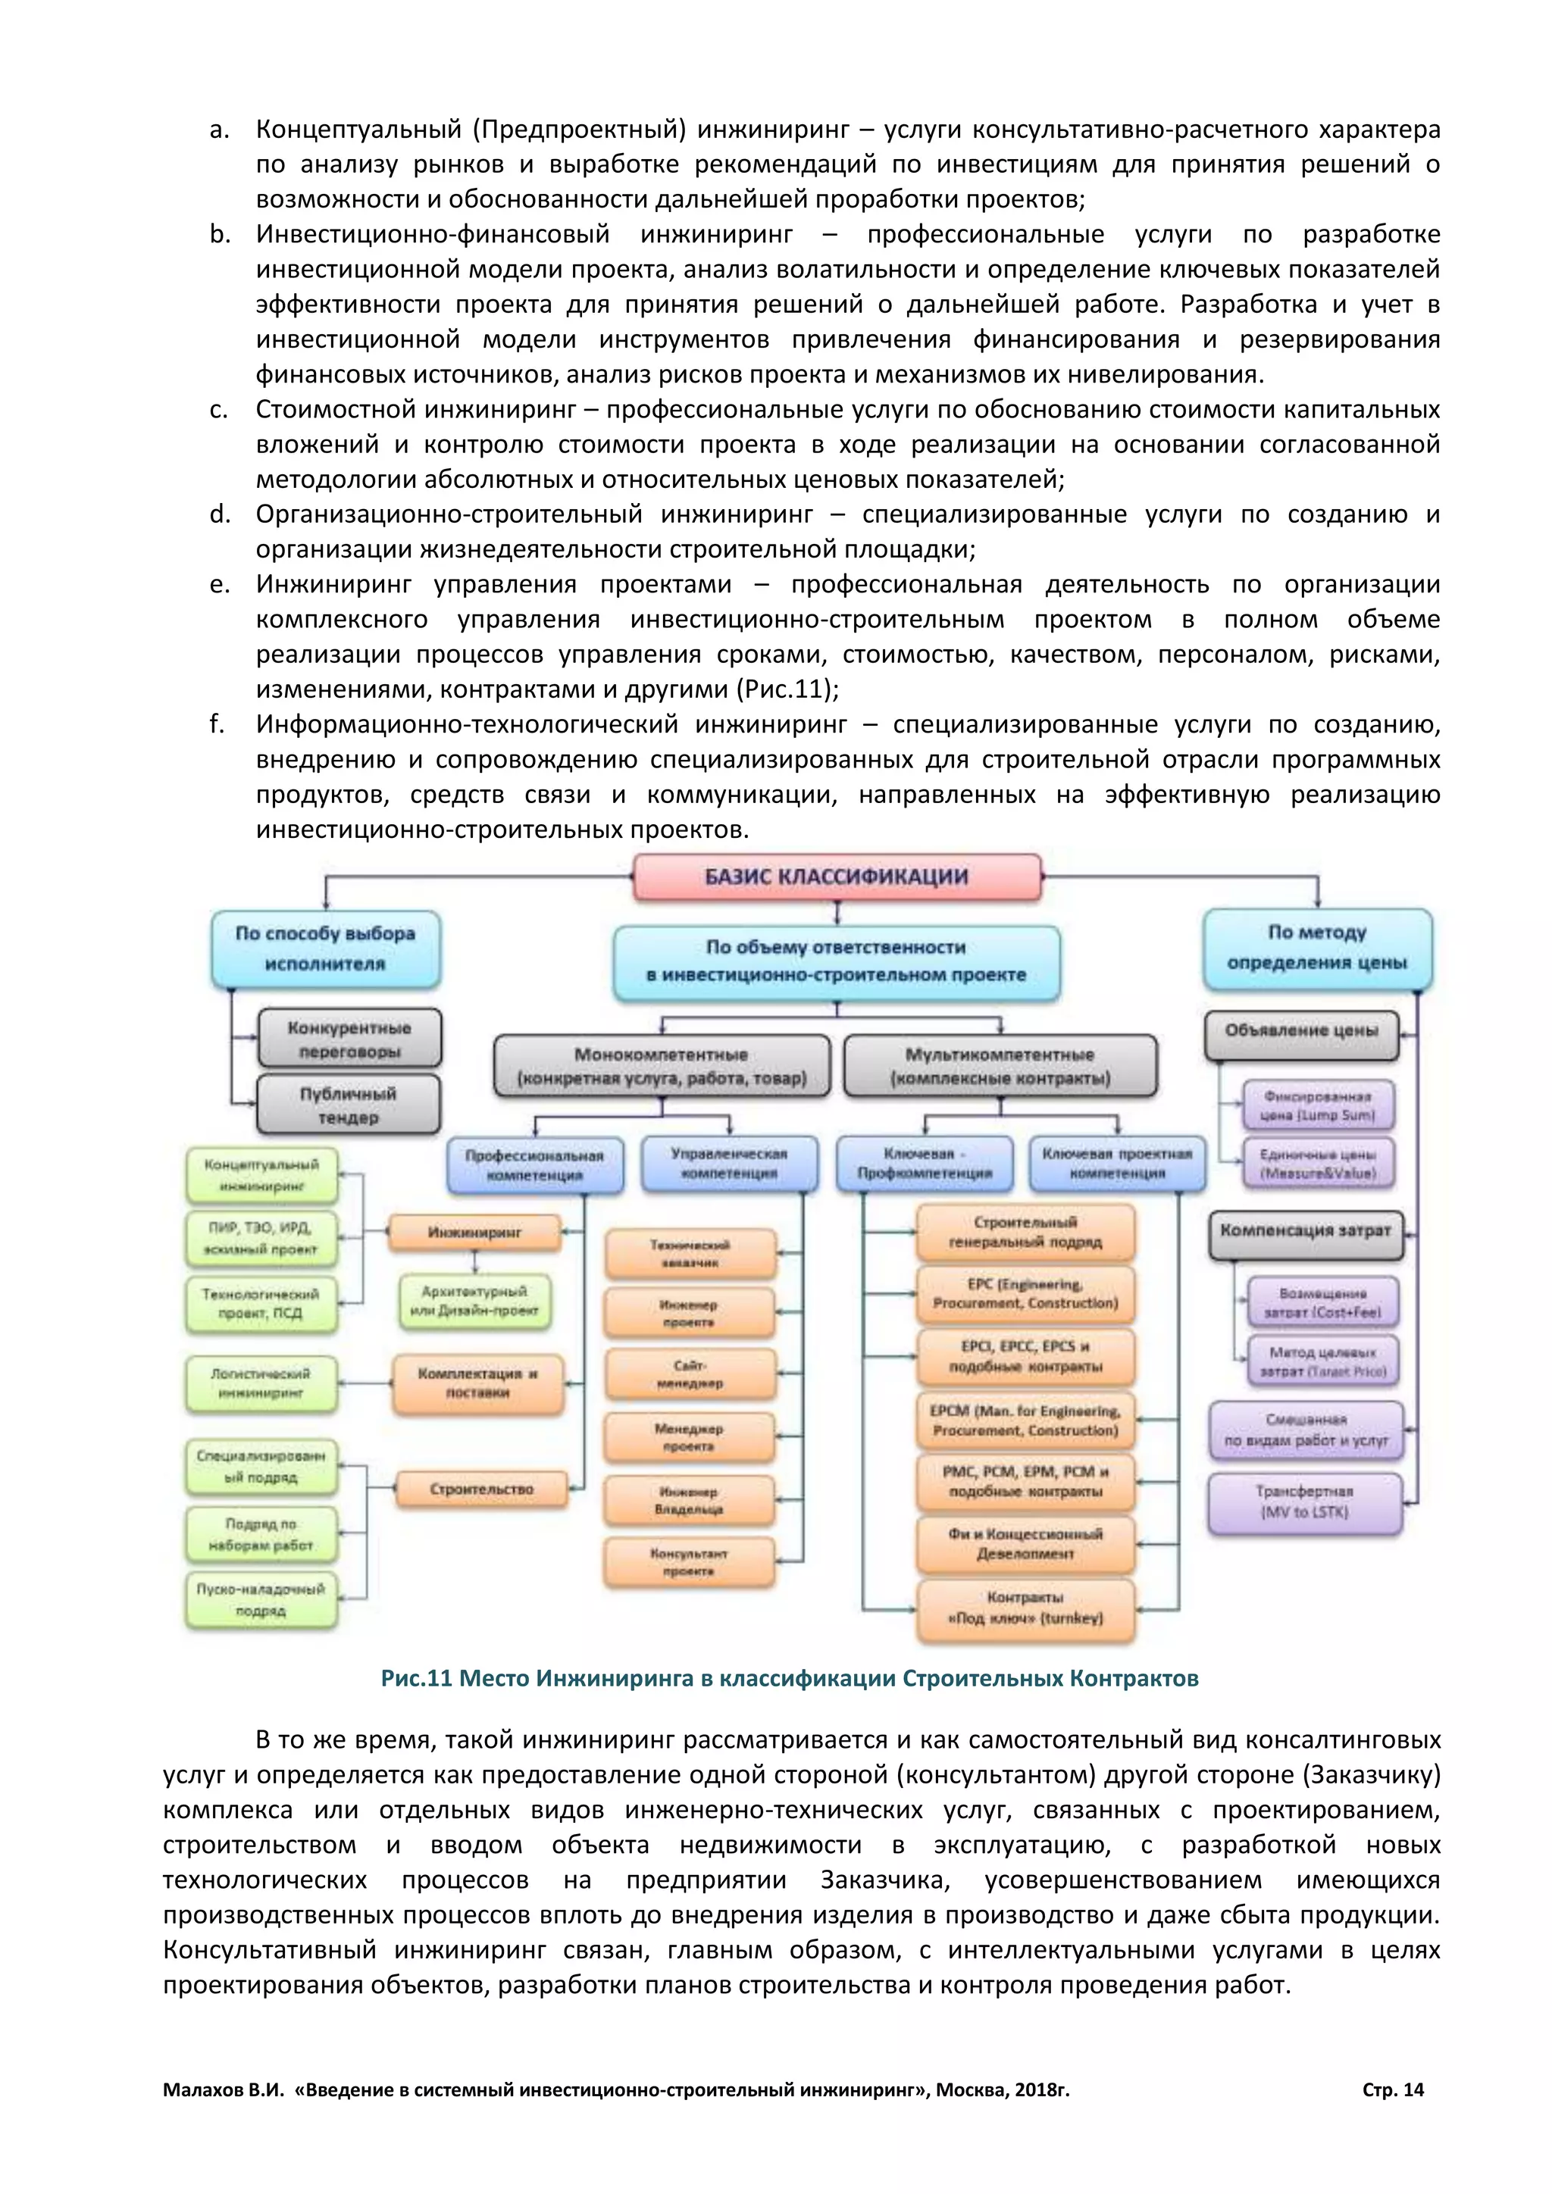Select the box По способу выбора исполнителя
(x=325, y=948)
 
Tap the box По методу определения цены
(x=1317, y=947)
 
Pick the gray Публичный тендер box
(x=348, y=1105)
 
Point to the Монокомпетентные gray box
(x=662, y=1065)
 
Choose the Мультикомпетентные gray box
(x=1000, y=1065)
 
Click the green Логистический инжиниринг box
(x=261, y=1383)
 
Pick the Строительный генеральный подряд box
(x=1025, y=1232)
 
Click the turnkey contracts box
(x=1025, y=1608)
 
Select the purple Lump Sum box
(x=1317, y=1105)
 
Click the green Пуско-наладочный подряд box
(x=261, y=1599)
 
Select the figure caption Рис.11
(x=790, y=1679)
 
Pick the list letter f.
(x=217, y=724)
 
